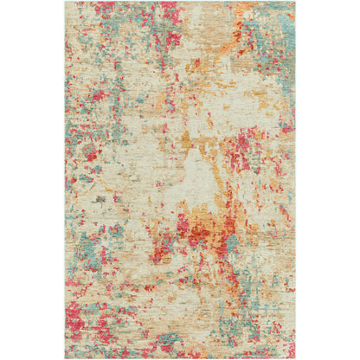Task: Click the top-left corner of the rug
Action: (x=66, y=3)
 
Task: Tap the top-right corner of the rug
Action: (x=294, y=3)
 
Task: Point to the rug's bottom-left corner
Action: (x=66, y=357)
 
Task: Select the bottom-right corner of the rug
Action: (x=294, y=357)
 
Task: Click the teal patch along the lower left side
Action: (x=78, y=260)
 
